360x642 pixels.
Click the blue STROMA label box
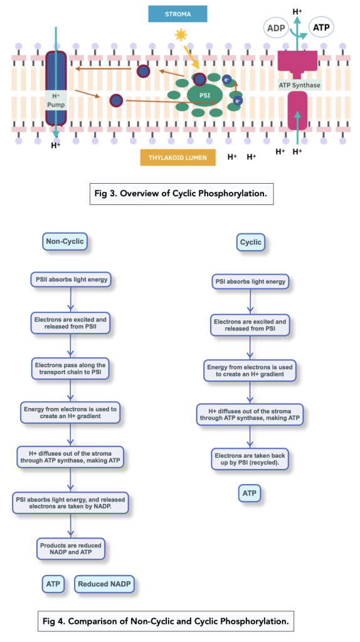[179, 13]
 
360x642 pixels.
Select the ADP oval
[277, 28]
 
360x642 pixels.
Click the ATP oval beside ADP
[320, 28]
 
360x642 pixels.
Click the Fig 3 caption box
[181, 194]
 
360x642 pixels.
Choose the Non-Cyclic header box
[65, 241]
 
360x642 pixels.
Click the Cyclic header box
[251, 242]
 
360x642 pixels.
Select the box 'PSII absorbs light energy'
[70, 279]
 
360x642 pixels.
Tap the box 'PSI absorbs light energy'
[250, 282]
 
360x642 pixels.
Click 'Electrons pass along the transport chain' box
[70, 368]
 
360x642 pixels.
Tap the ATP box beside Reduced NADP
[53, 585]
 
